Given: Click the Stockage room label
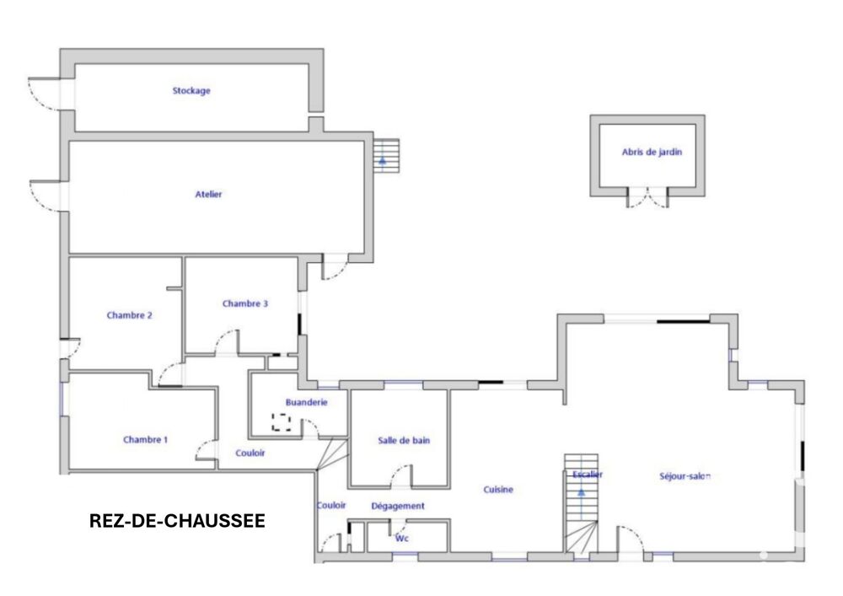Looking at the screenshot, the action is point(191,91).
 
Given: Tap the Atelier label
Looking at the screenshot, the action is point(208,194).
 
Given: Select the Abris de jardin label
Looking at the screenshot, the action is point(652,152).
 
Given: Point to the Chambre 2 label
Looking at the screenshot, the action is point(130,315).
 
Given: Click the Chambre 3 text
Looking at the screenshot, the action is point(245,303).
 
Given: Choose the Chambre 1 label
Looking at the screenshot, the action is point(145,439).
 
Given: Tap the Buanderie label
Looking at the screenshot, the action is point(307,402).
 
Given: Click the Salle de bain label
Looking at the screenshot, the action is point(404,441).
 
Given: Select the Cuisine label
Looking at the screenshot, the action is point(498,490).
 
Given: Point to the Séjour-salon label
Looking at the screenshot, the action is point(685,476).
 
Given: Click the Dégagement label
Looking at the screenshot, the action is point(398,506).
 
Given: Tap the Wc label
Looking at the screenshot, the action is point(401,538).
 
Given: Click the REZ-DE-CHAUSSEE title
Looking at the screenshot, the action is point(177,521).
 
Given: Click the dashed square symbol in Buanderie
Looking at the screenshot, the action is point(282,421).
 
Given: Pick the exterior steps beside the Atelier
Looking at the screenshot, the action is point(387,156).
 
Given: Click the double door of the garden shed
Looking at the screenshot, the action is point(647,198).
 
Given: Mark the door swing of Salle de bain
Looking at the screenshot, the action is point(400,476).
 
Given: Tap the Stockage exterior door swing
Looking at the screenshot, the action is point(44,94).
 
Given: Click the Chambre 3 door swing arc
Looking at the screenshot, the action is point(226,341).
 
